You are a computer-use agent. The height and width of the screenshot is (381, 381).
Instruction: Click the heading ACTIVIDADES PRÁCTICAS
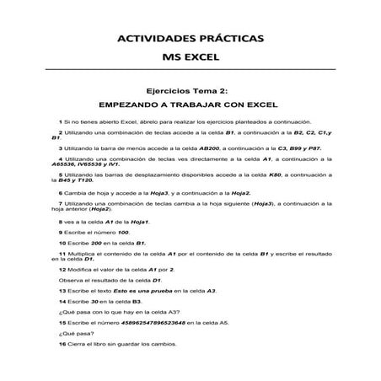190,39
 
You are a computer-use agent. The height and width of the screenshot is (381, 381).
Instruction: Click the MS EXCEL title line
190,57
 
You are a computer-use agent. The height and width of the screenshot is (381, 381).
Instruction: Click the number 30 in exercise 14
95,300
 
